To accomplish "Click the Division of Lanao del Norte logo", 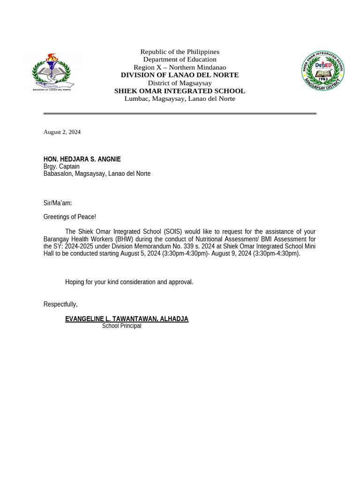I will (52, 72).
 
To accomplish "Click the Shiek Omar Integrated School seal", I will (322, 71).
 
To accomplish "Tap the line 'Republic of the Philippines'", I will (180, 52).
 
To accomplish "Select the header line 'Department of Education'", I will (180, 60).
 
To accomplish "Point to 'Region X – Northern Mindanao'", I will (180, 67).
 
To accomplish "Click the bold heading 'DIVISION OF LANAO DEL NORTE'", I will (180, 75).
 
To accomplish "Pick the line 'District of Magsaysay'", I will (180, 83).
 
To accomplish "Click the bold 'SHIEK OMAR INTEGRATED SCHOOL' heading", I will (180, 91).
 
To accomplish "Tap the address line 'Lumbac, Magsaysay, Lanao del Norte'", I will (180, 98).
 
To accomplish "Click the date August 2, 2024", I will (62, 132).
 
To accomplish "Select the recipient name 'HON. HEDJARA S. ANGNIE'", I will (82, 159).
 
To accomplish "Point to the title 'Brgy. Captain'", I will (61, 166).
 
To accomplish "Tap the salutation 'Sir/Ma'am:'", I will (58, 203).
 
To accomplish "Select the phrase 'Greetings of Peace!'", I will (69, 217).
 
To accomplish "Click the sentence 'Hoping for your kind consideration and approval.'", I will (129, 282).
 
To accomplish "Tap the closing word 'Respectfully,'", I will (60, 304).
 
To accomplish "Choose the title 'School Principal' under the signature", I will (121, 326).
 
